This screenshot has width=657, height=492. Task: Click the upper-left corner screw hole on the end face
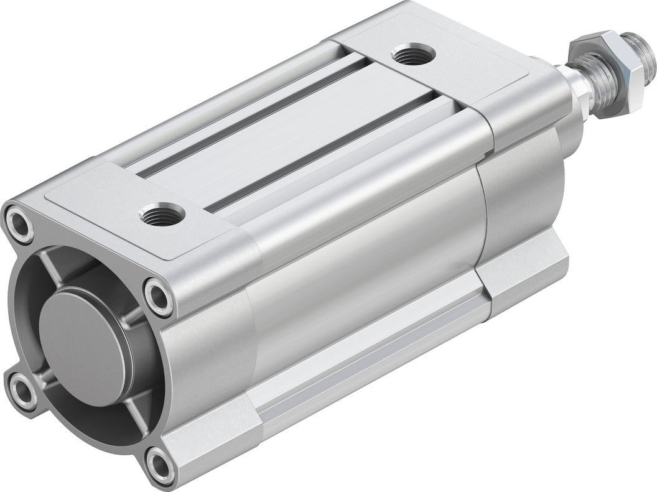[x=18, y=225]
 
